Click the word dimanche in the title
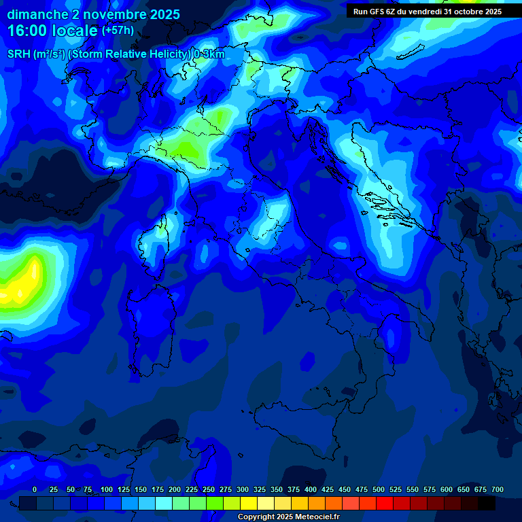(x=38, y=14)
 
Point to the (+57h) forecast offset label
(x=118, y=31)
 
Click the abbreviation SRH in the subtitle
(x=19, y=54)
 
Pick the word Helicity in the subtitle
(x=160, y=54)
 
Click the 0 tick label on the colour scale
(x=35, y=490)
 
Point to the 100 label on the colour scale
(x=107, y=490)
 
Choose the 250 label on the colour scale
(x=209, y=490)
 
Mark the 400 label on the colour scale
(x=311, y=490)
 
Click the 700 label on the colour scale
(x=498, y=490)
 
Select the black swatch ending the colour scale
(x=487, y=503)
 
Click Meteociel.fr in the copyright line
(x=318, y=517)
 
